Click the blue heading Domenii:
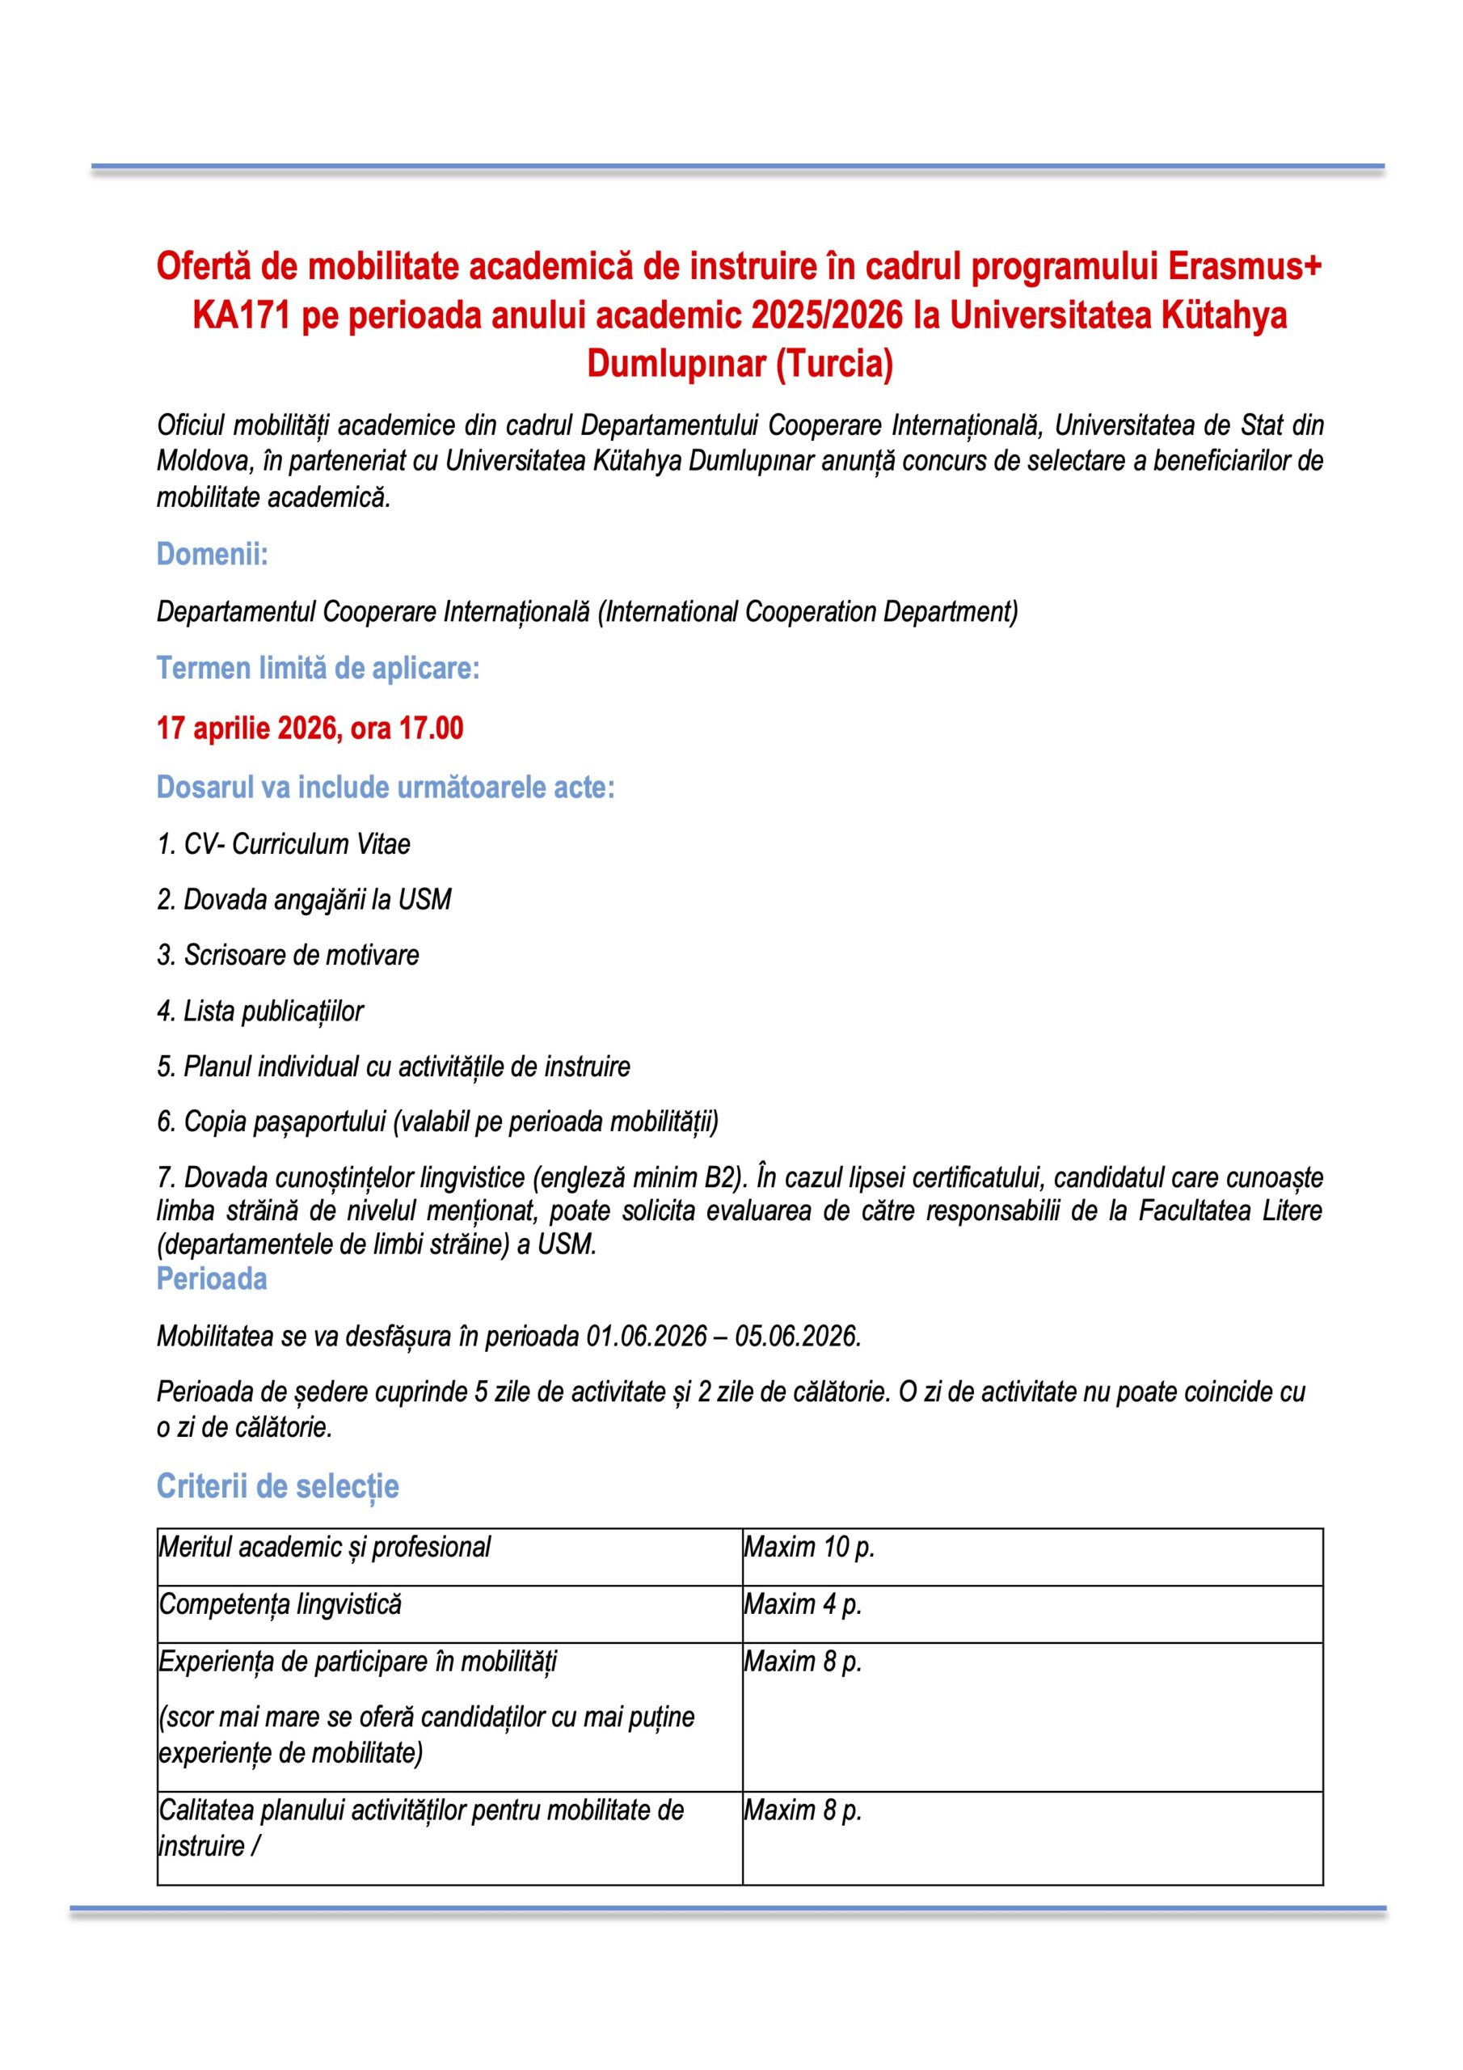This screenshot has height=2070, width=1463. [212, 554]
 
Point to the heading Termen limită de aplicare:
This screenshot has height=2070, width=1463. [318, 668]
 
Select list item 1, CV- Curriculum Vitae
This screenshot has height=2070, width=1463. [283, 844]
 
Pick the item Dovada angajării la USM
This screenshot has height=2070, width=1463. [304, 899]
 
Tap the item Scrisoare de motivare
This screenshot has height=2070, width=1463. [288, 955]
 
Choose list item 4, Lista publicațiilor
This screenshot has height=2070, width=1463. [259, 1011]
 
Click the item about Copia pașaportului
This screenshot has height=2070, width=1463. [437, 1122]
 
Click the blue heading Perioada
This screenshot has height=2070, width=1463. [212, 1278]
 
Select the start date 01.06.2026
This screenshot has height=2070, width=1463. [647, 1336]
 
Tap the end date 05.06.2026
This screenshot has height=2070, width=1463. [797, 1336]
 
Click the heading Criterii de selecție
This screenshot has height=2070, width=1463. [277, 1485]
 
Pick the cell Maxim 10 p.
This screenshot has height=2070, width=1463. [808, 1547]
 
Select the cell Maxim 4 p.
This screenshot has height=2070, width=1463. [803, 1605]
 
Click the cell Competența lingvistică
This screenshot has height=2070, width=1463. [280, 1605]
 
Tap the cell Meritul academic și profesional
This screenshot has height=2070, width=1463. [324, 1547]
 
